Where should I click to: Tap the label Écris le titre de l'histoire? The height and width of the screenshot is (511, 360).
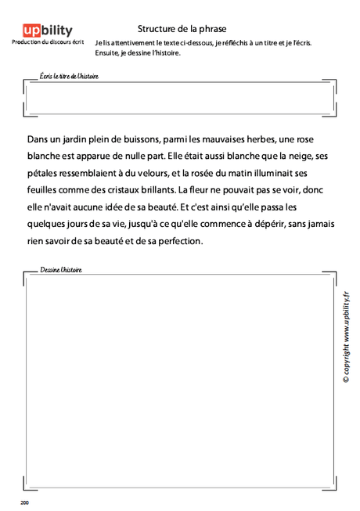tap(69, 77)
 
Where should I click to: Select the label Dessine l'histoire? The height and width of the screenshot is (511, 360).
tap(61, 269)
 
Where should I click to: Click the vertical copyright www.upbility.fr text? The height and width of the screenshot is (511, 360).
tap(345, 336)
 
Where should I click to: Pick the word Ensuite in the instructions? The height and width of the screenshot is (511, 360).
tap(110, 53)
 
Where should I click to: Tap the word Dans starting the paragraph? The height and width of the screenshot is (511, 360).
tap(37, 139)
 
